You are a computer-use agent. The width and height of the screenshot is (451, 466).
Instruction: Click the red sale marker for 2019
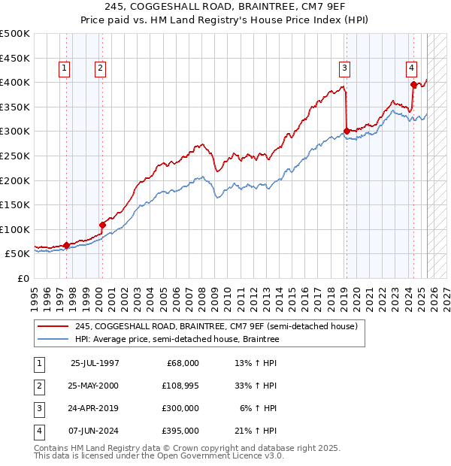point(347,131)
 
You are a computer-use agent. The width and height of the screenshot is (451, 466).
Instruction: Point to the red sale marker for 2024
point(413,84)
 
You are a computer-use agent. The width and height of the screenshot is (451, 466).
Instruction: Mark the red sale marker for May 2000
point(102,225)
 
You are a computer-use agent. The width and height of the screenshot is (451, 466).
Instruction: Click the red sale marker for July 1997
point(66,244)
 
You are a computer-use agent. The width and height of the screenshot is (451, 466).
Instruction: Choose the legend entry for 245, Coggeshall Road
point(220,326)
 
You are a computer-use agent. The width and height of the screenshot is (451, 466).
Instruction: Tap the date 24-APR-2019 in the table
point(94,408)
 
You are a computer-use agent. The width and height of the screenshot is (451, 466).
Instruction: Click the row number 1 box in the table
point(38,363)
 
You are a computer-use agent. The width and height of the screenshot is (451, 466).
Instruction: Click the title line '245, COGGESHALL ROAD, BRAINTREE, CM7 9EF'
point(225,8)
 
